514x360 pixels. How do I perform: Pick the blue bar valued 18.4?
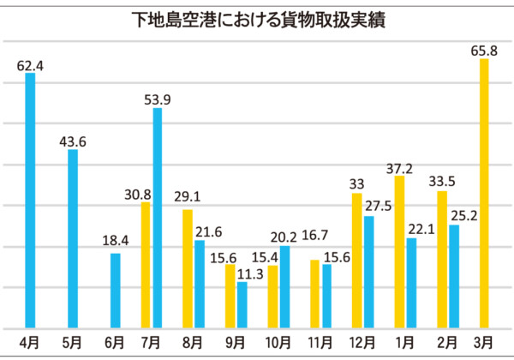click(x=116, y=291)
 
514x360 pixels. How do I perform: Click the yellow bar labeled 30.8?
click(x=146, y=265)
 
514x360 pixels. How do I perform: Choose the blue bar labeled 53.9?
click(x=157, y=218)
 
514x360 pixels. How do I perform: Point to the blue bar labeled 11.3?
click(x=242, y=304)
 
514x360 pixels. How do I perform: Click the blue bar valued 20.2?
click(x=284, y=286)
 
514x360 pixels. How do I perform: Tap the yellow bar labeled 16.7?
click(x=315, y=293)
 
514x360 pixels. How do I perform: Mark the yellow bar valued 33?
click(x=357, y=261)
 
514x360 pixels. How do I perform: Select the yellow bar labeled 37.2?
click(x=399, y=252)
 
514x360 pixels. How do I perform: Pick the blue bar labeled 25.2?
click(x=454, y=276)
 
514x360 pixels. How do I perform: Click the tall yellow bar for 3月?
click(x=484, y=193)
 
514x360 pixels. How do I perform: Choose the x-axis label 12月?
click(x=363, y=342)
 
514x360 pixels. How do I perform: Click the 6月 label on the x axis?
click(x=115, y=342)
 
